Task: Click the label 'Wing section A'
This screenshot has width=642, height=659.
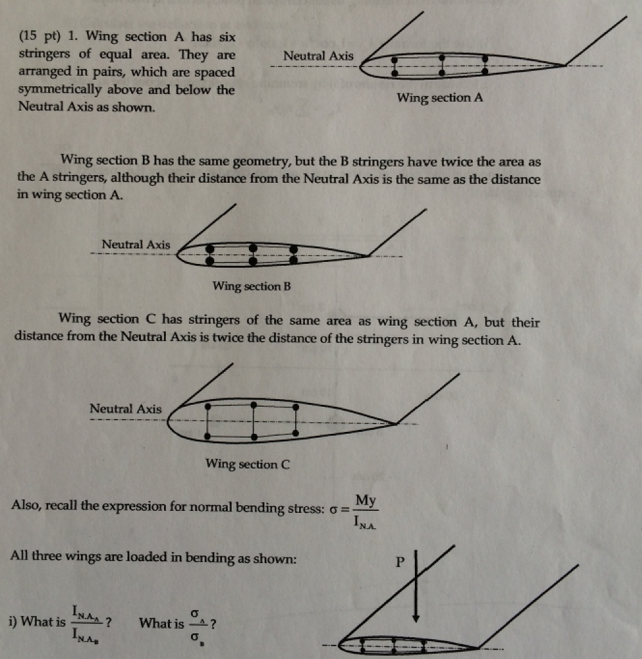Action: pyautogui.click(x=439, y=98)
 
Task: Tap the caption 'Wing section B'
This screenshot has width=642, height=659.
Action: pyautogui.click(x=252, y=286)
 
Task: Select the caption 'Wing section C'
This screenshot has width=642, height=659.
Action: pyautogui.click(x=248, y=463)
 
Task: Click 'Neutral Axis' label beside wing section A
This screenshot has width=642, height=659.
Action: pyautogui.click(x=318, y=56)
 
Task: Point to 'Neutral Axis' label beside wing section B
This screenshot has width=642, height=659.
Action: pyautogui.click(x=136, y=245)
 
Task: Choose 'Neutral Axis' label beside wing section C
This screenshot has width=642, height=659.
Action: pyautogui.click(x=126, y=409)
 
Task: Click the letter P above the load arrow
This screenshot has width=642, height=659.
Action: pyautogui.click(x=399, y=562)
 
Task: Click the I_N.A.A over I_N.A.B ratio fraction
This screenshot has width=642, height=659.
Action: pyautogui.click(x=86, y=623)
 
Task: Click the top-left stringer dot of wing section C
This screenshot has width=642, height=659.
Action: pyautogui.click(x=208, y=406)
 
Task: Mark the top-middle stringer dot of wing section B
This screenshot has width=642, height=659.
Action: pyautogui.click(x=253, y=247)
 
